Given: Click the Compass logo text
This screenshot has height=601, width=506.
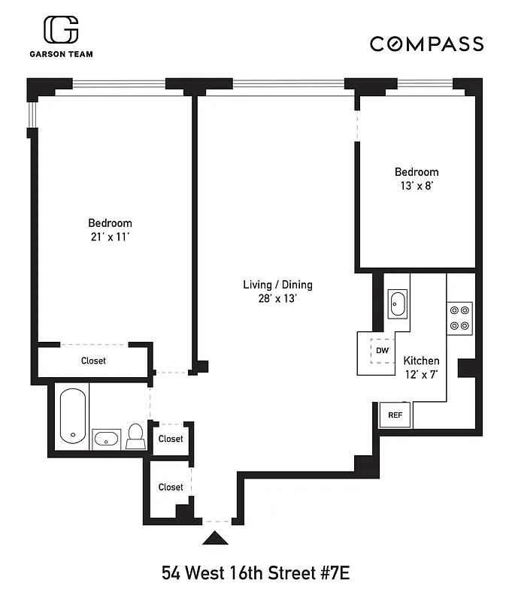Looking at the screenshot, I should click(x=426, y=44).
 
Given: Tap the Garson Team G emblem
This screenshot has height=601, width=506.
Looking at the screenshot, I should click(x=61, y=31).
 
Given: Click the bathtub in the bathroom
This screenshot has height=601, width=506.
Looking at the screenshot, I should click(x=73, y=415).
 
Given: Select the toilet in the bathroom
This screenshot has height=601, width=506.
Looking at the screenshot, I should click(x=136, y=436).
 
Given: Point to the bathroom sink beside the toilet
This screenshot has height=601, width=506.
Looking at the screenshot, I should click(x=106, y=438).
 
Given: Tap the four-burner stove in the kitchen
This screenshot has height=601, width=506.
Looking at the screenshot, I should click(x=459, y=318).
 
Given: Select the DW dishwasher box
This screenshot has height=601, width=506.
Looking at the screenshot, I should click(x=382, y=351).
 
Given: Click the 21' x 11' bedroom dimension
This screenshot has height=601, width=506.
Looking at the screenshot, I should click(x=110, y=237).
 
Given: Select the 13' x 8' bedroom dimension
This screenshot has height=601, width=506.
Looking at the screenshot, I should click(x=417, y=186).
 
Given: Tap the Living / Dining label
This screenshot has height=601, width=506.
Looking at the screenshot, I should click(x=277, y=285).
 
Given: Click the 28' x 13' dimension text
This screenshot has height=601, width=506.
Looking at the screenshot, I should click(x=277, y=298).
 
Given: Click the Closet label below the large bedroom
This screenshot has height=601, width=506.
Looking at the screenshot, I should click(x=94, y=361).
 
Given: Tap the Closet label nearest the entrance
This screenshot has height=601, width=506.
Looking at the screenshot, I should click(x=171, y=487).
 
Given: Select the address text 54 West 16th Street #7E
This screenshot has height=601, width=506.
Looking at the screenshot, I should click(x=256, y=574).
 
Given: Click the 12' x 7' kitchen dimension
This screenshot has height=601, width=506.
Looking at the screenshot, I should click(x=422, y=373).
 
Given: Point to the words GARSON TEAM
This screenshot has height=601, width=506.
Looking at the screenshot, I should click(x=62, y=54).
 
